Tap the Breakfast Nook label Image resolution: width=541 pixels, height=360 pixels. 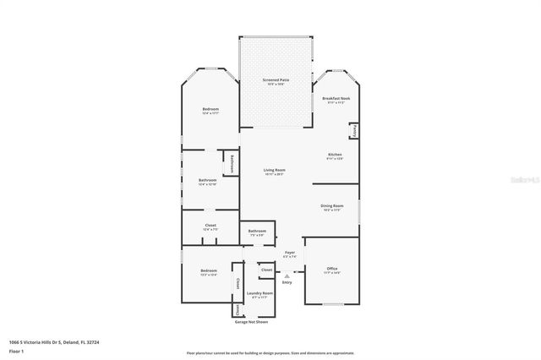[336, 99]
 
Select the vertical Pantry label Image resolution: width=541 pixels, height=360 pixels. [354, 131]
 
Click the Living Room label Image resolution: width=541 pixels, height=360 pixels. [274, 171]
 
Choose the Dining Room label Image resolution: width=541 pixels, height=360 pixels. [331, 206]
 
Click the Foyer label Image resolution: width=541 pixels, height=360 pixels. [289, 252]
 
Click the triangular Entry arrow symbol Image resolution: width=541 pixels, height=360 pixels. [287, 275]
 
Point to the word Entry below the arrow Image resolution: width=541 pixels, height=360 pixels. [287, 282]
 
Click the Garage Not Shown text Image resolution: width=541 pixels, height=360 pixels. [250, 322]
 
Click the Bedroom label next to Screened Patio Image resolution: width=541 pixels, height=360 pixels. [210, 111]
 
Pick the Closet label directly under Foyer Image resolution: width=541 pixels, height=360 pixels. [266, 270]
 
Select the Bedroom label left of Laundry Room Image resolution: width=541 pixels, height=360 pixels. [207, 272]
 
